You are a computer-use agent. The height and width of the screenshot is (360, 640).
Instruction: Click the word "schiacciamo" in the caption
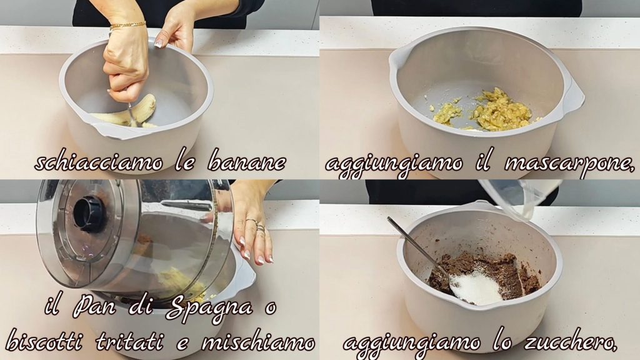[x=98, y=162]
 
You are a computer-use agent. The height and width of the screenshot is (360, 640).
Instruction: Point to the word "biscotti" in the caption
[x=43, y=341]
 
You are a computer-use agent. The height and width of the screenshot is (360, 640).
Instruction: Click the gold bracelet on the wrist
[x=127, y=25]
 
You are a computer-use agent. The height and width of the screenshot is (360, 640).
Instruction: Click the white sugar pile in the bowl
[x=476, y=287]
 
